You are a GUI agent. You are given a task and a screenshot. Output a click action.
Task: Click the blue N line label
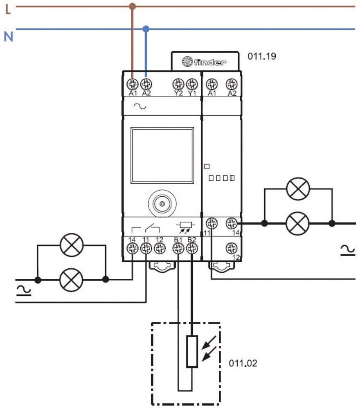click(x=8, y=36)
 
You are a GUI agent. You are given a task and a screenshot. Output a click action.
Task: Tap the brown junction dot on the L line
click(x=132, y=7)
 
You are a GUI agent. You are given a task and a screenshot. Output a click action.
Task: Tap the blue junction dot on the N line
click(x=146, y=29)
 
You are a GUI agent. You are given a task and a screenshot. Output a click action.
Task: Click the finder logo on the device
click(x=204, y=62)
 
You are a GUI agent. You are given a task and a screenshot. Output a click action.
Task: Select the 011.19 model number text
click(x=262, y=56)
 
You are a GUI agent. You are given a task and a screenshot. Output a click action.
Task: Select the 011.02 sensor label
click(x=243, y=363)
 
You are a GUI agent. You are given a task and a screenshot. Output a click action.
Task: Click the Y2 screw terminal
click(x=178, y=84)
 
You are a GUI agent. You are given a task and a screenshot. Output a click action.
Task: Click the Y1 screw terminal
click(x=191, y=84)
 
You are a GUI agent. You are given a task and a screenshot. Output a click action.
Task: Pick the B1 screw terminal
click(x=178, y=248)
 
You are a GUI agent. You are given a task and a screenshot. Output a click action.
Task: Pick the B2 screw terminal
click(x=191, y=248)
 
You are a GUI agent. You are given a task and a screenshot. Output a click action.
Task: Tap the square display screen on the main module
click(x=162, y=155)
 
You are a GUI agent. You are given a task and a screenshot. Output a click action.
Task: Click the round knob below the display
click(x=162, y=203)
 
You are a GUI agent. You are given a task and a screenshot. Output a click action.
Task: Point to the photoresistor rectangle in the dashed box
click(x=192, y=351)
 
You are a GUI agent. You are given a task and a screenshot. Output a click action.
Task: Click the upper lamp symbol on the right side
click(x=298, y=189)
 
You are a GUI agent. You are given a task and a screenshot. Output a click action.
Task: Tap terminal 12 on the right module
click(x=232, y=248)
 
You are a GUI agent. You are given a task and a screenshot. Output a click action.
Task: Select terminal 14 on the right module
click(x=232, y=223)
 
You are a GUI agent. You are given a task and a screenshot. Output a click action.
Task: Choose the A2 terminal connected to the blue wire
click(x=146, y=84)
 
